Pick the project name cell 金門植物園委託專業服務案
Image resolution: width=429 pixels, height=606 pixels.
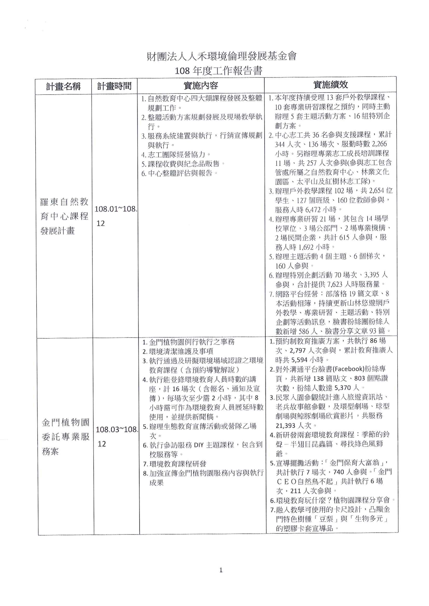click(66, 437)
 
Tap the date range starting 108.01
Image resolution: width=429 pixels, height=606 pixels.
click(116, 216)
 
